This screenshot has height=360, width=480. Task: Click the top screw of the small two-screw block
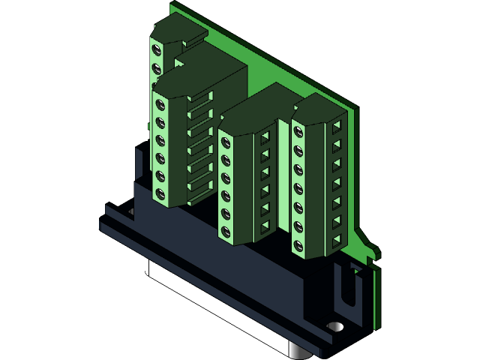click(x=157, y=51)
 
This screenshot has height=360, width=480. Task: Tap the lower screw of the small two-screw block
click(x=157, y=69)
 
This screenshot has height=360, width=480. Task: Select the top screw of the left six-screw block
click(x=160, y=102)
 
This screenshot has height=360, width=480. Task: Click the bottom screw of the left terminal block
click(x=160, y=195)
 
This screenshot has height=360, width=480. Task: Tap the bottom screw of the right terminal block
click(x=299, y=244)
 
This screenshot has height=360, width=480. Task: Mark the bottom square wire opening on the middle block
click(x=265, y=224)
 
